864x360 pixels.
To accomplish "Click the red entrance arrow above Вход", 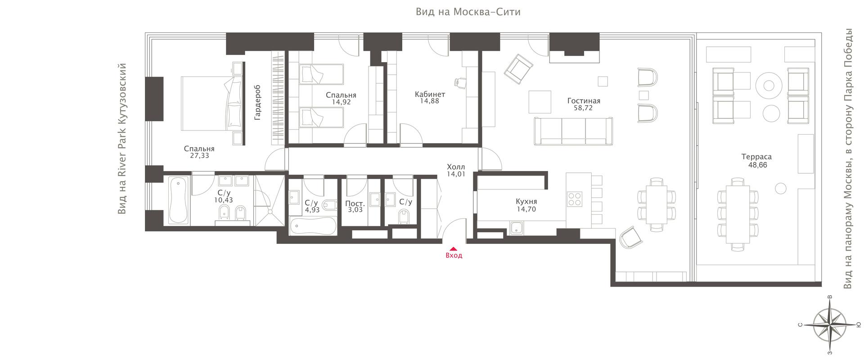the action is (x=454, y=248).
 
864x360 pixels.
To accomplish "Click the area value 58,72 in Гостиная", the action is (x=583, y=108).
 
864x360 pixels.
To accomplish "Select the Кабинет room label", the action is (x=430, y=94).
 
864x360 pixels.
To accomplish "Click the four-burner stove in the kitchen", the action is (x=575, y=199).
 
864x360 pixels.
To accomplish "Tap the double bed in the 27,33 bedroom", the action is (x=212, y=103).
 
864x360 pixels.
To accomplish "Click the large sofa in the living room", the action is (x=573, y=131).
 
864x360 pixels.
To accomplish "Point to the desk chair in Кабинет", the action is (x=461, y=82).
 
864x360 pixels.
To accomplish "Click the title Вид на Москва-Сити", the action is (x=468, y=12).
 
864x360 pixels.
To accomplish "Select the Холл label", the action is (x=456, y=166).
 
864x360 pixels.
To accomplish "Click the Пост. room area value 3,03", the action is (x=355, y=210).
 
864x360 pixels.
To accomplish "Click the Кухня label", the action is (x=526, y=202).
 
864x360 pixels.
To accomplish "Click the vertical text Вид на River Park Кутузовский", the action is (x=122, y=139).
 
